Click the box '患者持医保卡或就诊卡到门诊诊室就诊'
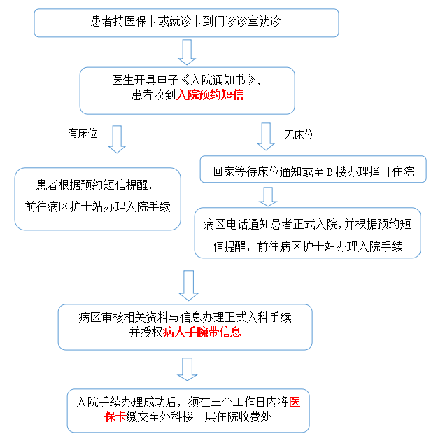186,22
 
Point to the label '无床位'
299,134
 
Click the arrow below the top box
186,52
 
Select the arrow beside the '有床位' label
117,139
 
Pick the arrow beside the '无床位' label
266,136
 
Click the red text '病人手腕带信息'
202,332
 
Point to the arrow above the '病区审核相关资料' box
187,285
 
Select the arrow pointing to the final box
187,369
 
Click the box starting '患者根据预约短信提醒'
98,198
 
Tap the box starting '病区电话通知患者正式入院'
307,233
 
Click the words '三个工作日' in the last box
239,402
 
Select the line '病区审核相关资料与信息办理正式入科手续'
185,317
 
